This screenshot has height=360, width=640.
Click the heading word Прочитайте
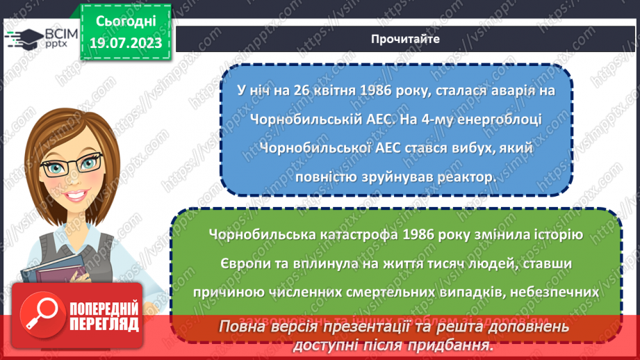pyautogui.click(x=406, y=39)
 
